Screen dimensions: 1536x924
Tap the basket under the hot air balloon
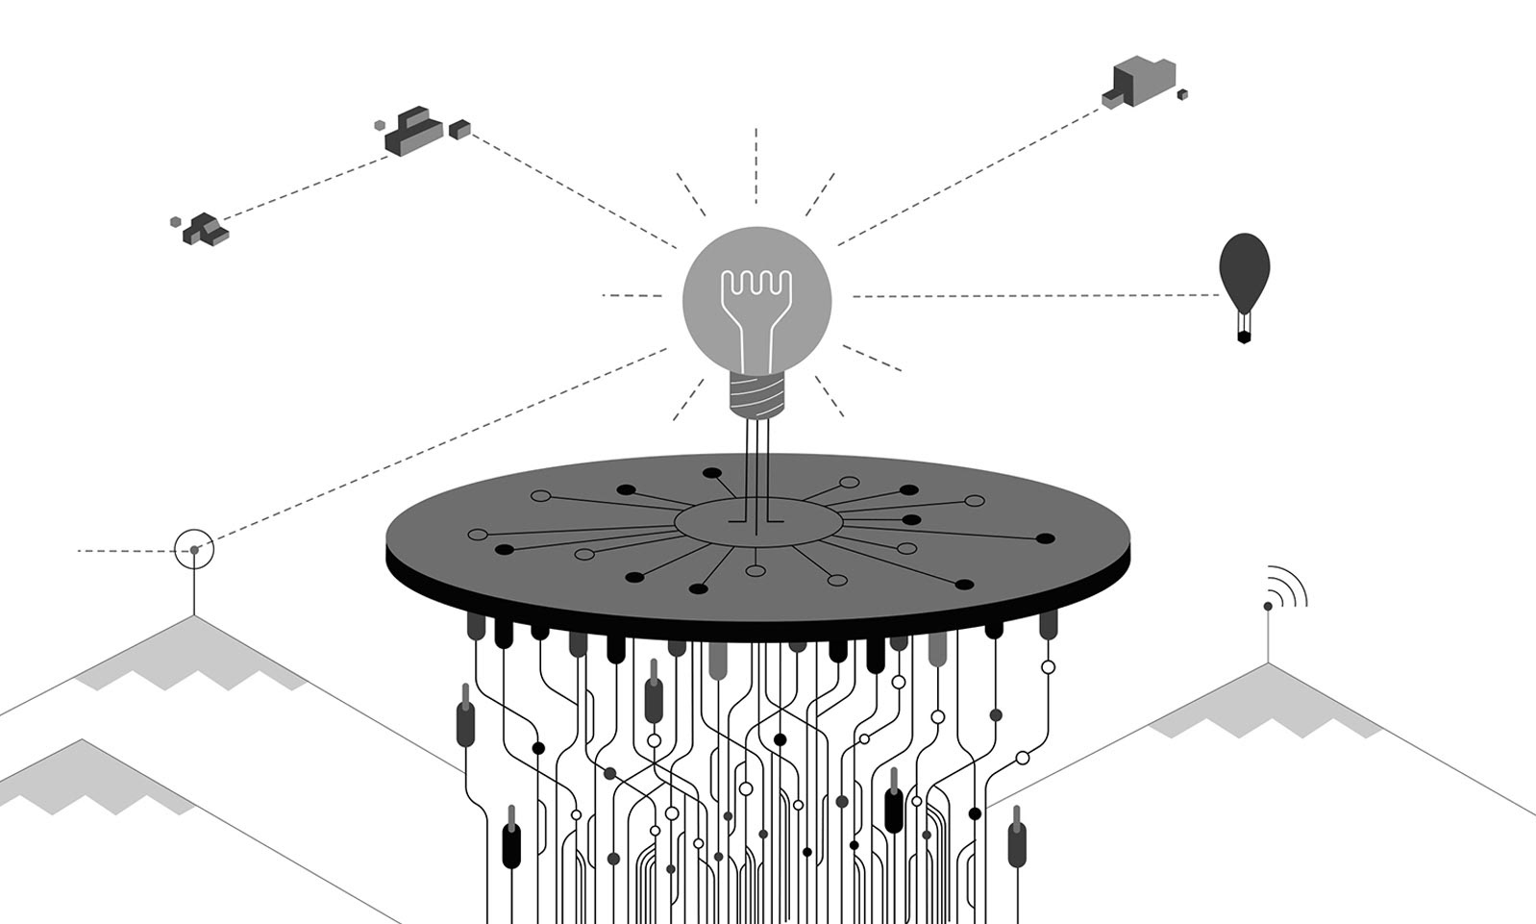(x=1244, y=336)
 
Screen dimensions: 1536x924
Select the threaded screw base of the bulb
(x=756, y=394)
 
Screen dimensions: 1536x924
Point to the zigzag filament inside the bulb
(x=756, y=284)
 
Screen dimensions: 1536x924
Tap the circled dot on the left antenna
(x=194, y=550)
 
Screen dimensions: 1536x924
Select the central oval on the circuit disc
(x=757, y=522)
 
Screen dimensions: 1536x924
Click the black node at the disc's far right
(x=1045, y=539)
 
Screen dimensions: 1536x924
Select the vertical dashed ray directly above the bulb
(x=756, y=163)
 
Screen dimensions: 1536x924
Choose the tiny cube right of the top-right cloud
(x=1182, y=94)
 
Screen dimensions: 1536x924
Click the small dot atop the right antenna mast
(x=1268, y=606)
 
